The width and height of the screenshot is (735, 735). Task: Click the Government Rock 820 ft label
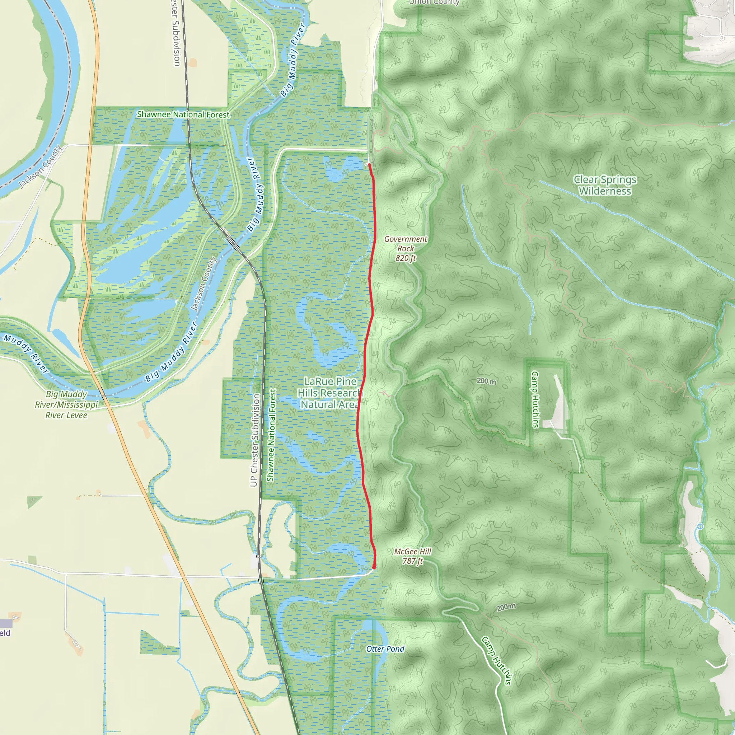pos(406,249)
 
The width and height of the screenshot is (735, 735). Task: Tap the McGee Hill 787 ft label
pos(413,556)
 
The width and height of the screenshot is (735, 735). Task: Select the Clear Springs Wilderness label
pos(605,185)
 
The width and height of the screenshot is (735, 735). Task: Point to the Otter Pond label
pos(385,649)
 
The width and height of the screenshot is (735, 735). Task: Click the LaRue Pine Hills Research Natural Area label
pos(329,393)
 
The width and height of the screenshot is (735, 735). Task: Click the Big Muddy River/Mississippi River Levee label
pos(67,405)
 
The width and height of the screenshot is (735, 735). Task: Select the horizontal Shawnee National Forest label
pos(183,114)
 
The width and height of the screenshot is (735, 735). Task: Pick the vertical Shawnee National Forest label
pos(271,435)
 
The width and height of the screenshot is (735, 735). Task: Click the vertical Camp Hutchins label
pos(535,399)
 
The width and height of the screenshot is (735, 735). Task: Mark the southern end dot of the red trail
pos(374,567)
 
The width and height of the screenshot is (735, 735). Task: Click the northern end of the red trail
pos(369,164)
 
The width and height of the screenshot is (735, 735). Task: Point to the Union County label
pos(434,2)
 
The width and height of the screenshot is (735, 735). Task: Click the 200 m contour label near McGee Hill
pos(506,607)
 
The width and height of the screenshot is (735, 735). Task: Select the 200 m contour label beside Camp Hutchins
pos(486,381)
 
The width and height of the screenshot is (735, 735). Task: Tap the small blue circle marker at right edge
pos(700,526)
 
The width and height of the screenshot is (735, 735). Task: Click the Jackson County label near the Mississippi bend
pos(40,166)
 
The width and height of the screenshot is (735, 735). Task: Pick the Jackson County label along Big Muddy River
pos(203,284)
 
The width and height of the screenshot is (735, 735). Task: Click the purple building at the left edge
pos(6,623)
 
